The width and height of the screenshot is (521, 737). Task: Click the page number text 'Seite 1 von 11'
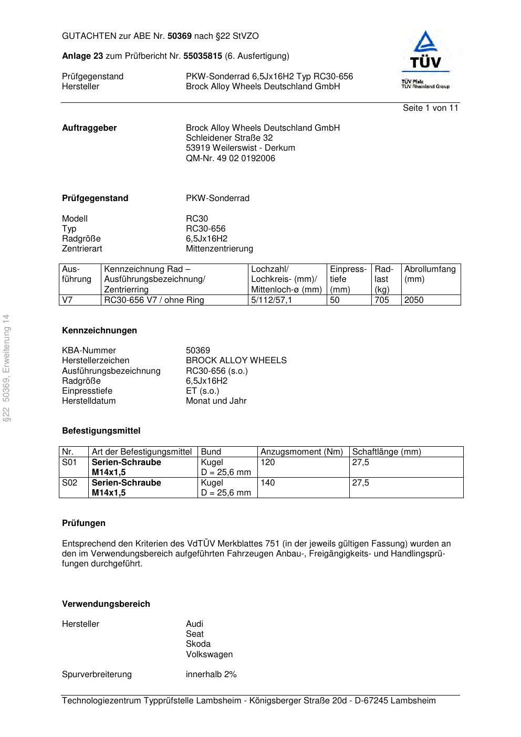[x=430, y=108]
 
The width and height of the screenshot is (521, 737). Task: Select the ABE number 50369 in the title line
[x=179, y=36]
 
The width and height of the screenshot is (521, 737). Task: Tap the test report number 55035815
[x=202, y=56]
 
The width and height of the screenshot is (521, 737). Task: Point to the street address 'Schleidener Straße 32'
[x=229, y=138]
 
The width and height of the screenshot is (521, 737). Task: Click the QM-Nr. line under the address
[x=230, y=159]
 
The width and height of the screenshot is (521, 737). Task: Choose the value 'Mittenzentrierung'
[x=219, y=249]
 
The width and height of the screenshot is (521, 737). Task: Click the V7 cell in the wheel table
[x=67, y=300]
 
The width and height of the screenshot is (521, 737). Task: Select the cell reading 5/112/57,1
[x=272, y=300]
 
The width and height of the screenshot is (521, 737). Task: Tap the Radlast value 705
[x=382, y=300]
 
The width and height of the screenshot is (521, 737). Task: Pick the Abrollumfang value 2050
[x=414, y=300]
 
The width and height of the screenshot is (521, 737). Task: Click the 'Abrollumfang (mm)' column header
[x=430, y=274]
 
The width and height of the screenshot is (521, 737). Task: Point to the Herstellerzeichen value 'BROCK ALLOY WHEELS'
[x=236, y=361]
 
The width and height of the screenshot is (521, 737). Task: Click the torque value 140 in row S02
[x=268, y=483]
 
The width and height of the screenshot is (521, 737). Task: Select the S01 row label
[x=69, y=462]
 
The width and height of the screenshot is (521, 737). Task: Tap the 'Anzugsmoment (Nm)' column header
[x=301, y=452]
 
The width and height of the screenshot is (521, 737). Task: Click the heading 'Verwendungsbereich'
[x=106, y=604]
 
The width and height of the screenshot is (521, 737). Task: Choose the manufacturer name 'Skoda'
[x=198, y=644]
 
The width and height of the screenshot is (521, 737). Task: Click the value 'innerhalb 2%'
[x=211, y=675]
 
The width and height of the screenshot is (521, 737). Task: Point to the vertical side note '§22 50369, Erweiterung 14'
[x=7, y=368]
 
